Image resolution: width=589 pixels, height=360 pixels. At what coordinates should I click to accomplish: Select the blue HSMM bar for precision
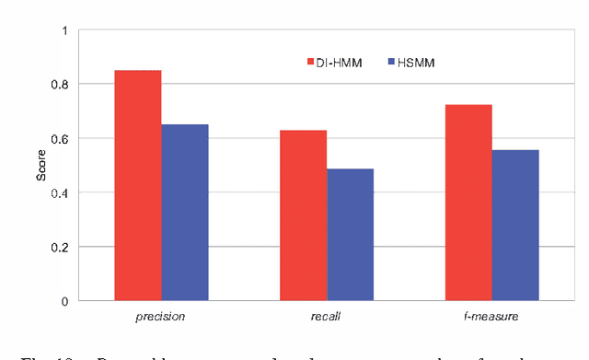coord(185,213)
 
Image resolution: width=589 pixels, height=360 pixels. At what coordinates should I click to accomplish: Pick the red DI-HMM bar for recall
coord(303,215)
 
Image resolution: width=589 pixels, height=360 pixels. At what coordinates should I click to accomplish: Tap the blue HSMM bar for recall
coord(350,235)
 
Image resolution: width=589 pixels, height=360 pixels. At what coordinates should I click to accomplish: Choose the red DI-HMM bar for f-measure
coord(468,203)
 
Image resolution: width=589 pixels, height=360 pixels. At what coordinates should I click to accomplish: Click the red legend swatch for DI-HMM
coord(310,62)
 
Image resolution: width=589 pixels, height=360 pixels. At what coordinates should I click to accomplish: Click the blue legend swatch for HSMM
coord(391,62)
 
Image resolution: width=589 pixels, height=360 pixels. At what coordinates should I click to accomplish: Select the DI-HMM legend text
coord(340,62)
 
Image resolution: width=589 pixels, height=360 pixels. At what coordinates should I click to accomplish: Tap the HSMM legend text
coord(416,62)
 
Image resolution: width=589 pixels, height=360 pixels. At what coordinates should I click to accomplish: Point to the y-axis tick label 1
coord(64,30)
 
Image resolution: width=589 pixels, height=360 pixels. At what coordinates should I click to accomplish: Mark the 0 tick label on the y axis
coord(64,301)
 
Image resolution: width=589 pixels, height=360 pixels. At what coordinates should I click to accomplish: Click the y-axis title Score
coord(41,166)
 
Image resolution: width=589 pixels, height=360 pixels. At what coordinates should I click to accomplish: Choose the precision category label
coord(160,317)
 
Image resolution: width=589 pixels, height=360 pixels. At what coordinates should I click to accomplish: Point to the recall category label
coord(326,317)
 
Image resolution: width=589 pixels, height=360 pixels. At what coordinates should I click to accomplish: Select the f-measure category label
coord(491,317)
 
